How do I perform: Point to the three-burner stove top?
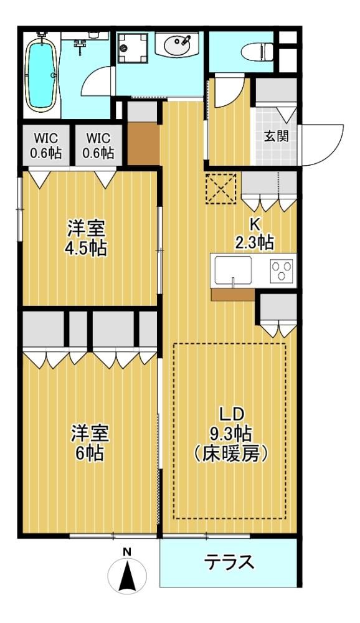(x=282, y=270)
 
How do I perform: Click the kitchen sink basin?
(x=233, y=270)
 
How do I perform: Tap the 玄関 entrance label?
(x=277, y=136)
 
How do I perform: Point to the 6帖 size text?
(x=90, y=453)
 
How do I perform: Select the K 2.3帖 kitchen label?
(x=255, y=234)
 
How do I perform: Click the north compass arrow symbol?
(x=127, y=575)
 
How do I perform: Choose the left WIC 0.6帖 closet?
(x=47, y=145)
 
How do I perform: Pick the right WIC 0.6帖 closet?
(x=99, y=145)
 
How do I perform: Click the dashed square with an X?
(x=221, y=189)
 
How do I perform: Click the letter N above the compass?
(x=127, y=552)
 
